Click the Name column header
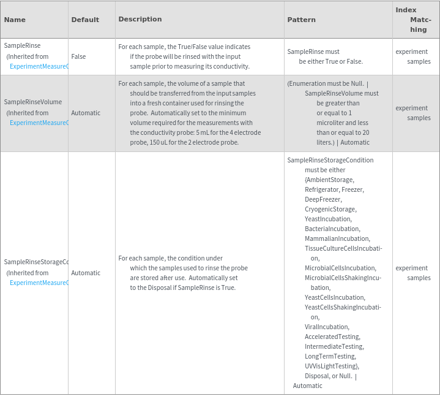[x=15, y=20]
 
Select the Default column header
[x=85, y=20]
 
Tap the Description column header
[x=140, y=19]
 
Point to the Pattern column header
[x=302, y=20]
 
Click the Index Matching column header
[x=414, y=20]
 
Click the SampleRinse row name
[x=22, y=46]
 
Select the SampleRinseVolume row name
[x=33, y=102]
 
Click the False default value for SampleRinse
[x=78, y=56]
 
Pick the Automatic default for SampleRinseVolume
[x=86, y=113]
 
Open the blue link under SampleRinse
[x=39, y=66]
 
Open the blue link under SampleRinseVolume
[x=39, y=123]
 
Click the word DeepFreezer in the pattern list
[x=323, y=199]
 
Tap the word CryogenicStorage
[x=330, y=209]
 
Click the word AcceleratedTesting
[x=333, y=337]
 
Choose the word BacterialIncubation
[x=332, y=229]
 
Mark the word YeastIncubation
[x=328, y=219]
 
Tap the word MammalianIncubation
[x=337, y=238]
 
